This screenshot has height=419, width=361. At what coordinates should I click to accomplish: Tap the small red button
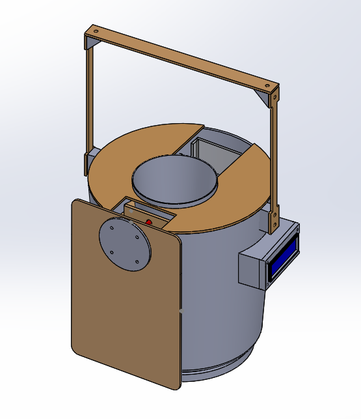149,223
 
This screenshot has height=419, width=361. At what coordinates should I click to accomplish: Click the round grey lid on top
174,179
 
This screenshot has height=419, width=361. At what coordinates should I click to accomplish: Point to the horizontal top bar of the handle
182,59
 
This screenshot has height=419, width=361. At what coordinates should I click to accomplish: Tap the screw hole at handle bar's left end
96,31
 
